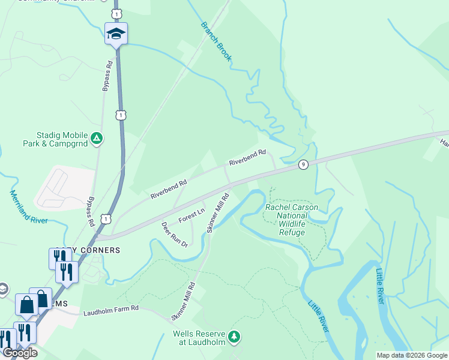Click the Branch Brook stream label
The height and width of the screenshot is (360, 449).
[x=216, y=42]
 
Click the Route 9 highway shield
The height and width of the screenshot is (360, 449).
[x=304, y=164]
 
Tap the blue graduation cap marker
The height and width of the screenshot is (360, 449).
[x=116, y=34]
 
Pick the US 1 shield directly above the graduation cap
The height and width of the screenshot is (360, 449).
[x=116, y=13]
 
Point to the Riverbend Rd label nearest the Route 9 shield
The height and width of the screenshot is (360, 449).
[x=247, y=158]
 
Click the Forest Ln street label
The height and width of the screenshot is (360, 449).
[x=191, y=215]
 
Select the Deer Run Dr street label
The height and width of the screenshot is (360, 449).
[x=175, y=235]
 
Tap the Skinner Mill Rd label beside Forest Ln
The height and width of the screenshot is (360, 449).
[x=218, y=212]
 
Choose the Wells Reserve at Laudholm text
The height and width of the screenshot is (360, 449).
[x=199, y=338]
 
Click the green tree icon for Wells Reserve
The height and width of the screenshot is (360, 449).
[x=235, y=337]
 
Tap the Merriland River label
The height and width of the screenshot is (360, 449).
[x=29, y=207]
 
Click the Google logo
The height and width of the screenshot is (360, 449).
[x=20, y=353]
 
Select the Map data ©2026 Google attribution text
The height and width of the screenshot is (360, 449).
[x=412, y=355]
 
